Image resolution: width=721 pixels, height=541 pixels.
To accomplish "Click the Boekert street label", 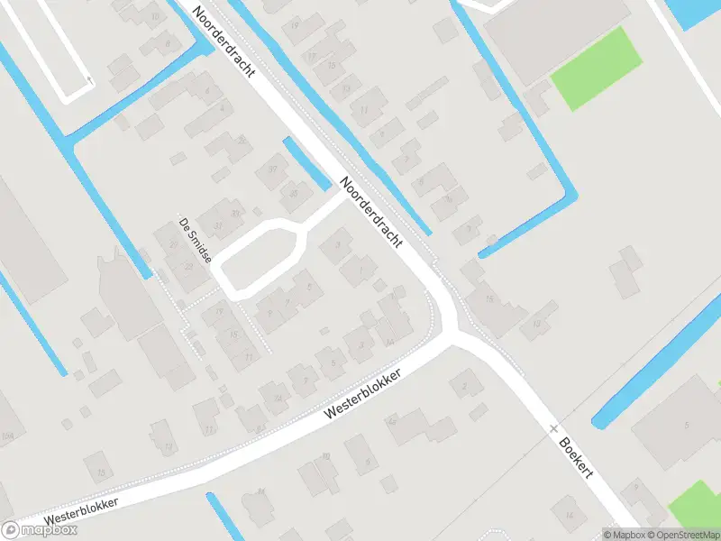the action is click(574, 458).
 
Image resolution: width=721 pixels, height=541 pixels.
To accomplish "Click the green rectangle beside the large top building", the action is click(596, 69).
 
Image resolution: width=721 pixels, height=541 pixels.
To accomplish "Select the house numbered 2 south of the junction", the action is click(466, 386).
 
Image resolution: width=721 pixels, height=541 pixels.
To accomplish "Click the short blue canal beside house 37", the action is click(307, 163).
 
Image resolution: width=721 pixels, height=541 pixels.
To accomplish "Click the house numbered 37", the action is click(272, 168).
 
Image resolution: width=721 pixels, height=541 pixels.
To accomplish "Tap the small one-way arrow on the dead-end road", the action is click(89, 80).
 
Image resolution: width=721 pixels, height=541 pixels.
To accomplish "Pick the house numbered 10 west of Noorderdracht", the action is click(155, 15).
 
